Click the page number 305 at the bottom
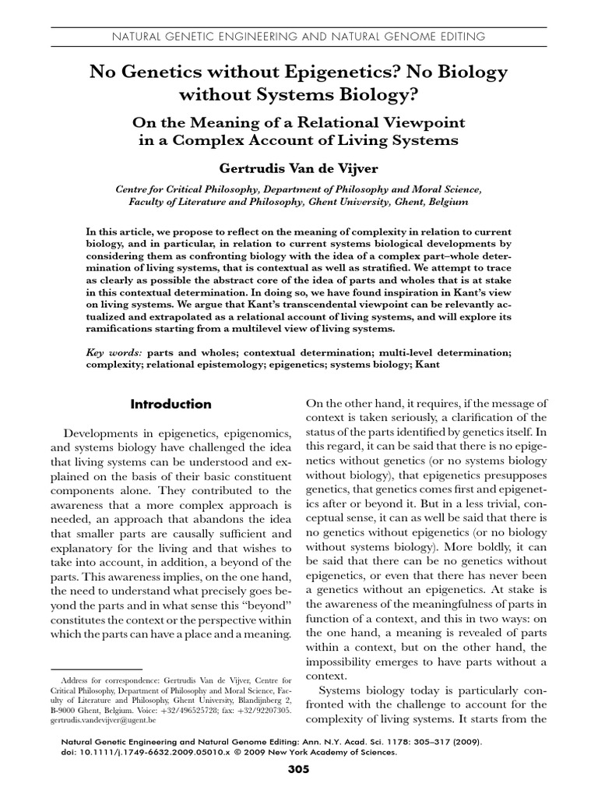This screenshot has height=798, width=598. pos(299,770)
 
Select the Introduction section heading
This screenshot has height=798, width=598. pos(171,404)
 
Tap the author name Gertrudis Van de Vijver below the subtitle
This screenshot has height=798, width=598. pos(299,167)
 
